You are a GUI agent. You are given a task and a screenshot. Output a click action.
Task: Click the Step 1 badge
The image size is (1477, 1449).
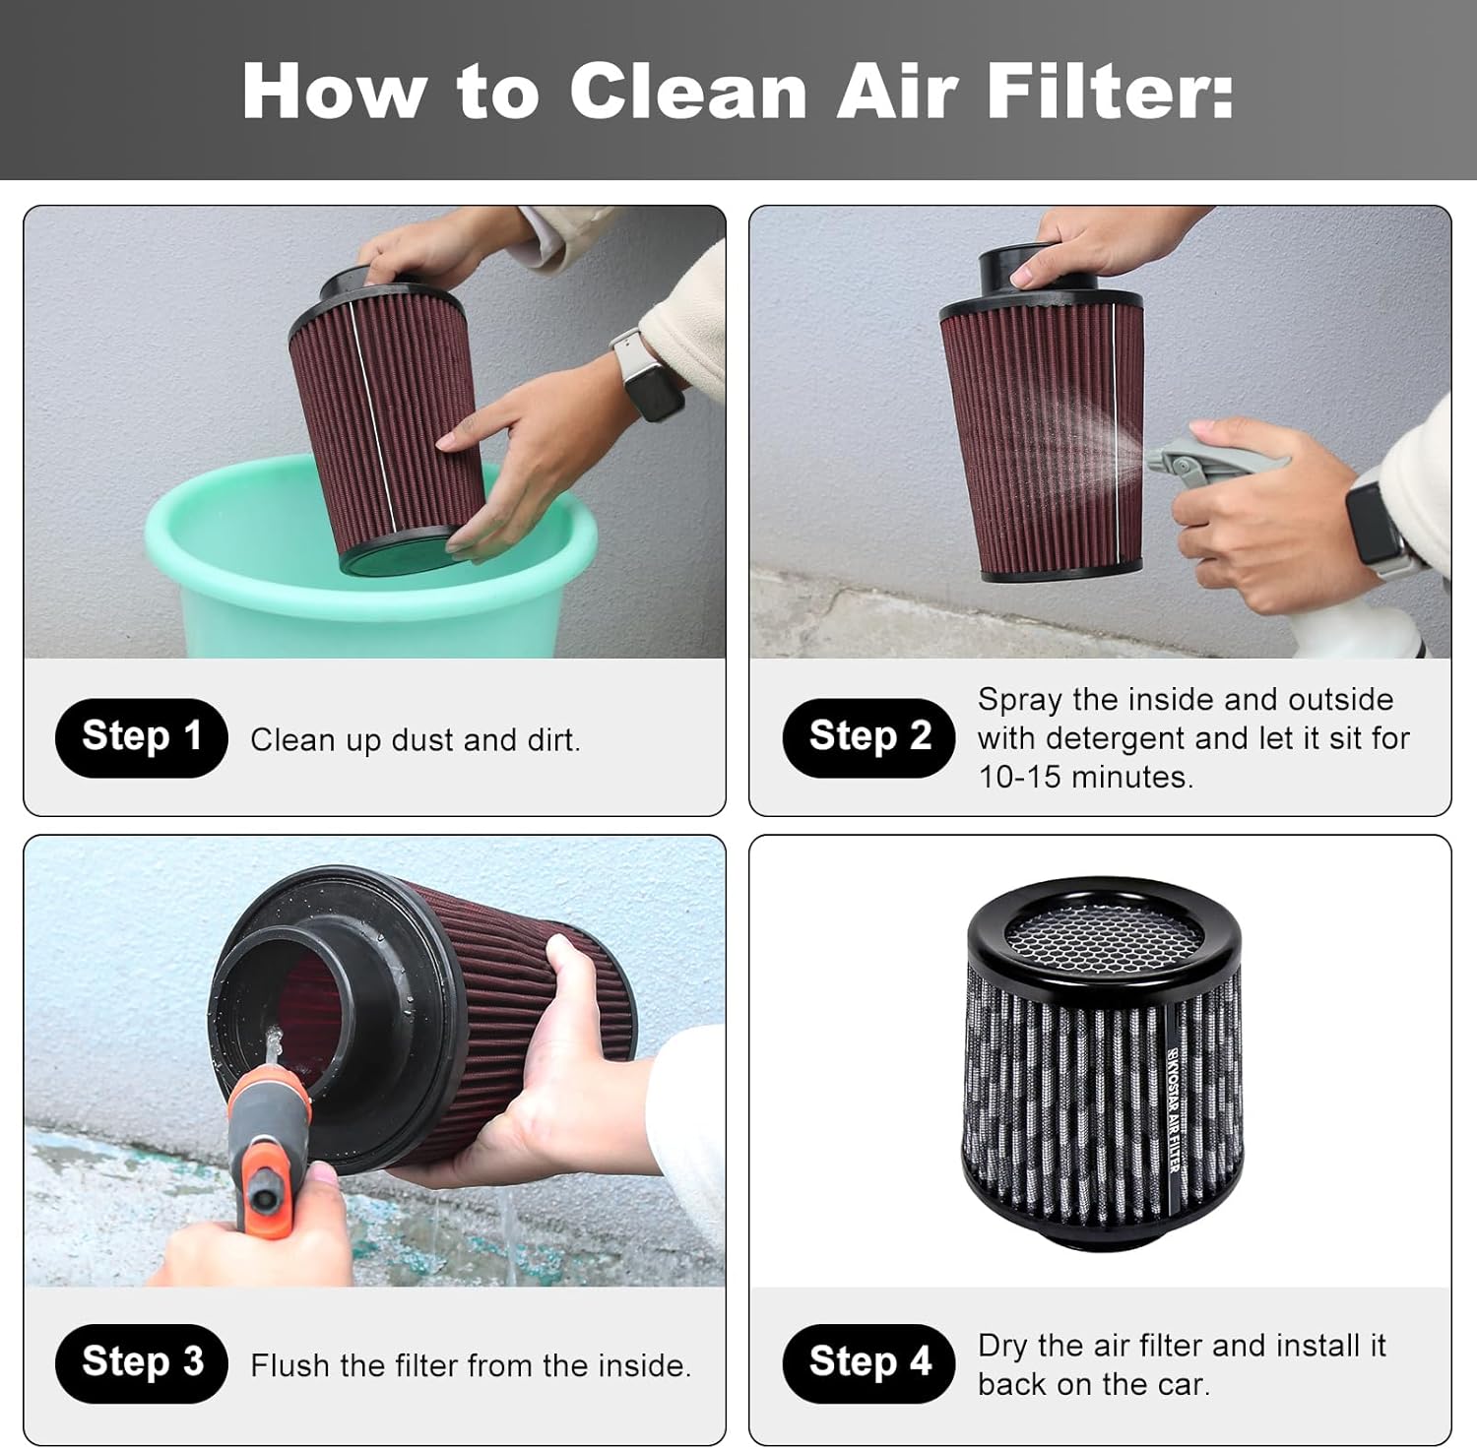(141, 737)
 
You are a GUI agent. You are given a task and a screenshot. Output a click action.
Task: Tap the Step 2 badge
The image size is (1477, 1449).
(868, 737)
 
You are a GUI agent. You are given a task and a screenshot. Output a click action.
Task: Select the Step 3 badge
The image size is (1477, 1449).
(141, 1363)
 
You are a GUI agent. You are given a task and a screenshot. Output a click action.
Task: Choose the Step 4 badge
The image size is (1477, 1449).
(868, 1363)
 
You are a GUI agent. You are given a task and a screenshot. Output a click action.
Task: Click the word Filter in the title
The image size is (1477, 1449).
(1110, 91)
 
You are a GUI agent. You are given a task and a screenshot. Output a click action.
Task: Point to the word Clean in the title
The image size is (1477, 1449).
(687, 91)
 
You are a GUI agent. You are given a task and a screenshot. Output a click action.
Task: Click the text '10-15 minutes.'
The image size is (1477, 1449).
(1085, 777)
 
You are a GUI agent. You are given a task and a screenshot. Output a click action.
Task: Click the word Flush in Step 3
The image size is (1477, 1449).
(290, 1365)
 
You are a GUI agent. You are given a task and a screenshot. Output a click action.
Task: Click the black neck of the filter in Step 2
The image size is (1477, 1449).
(1024, 271)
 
